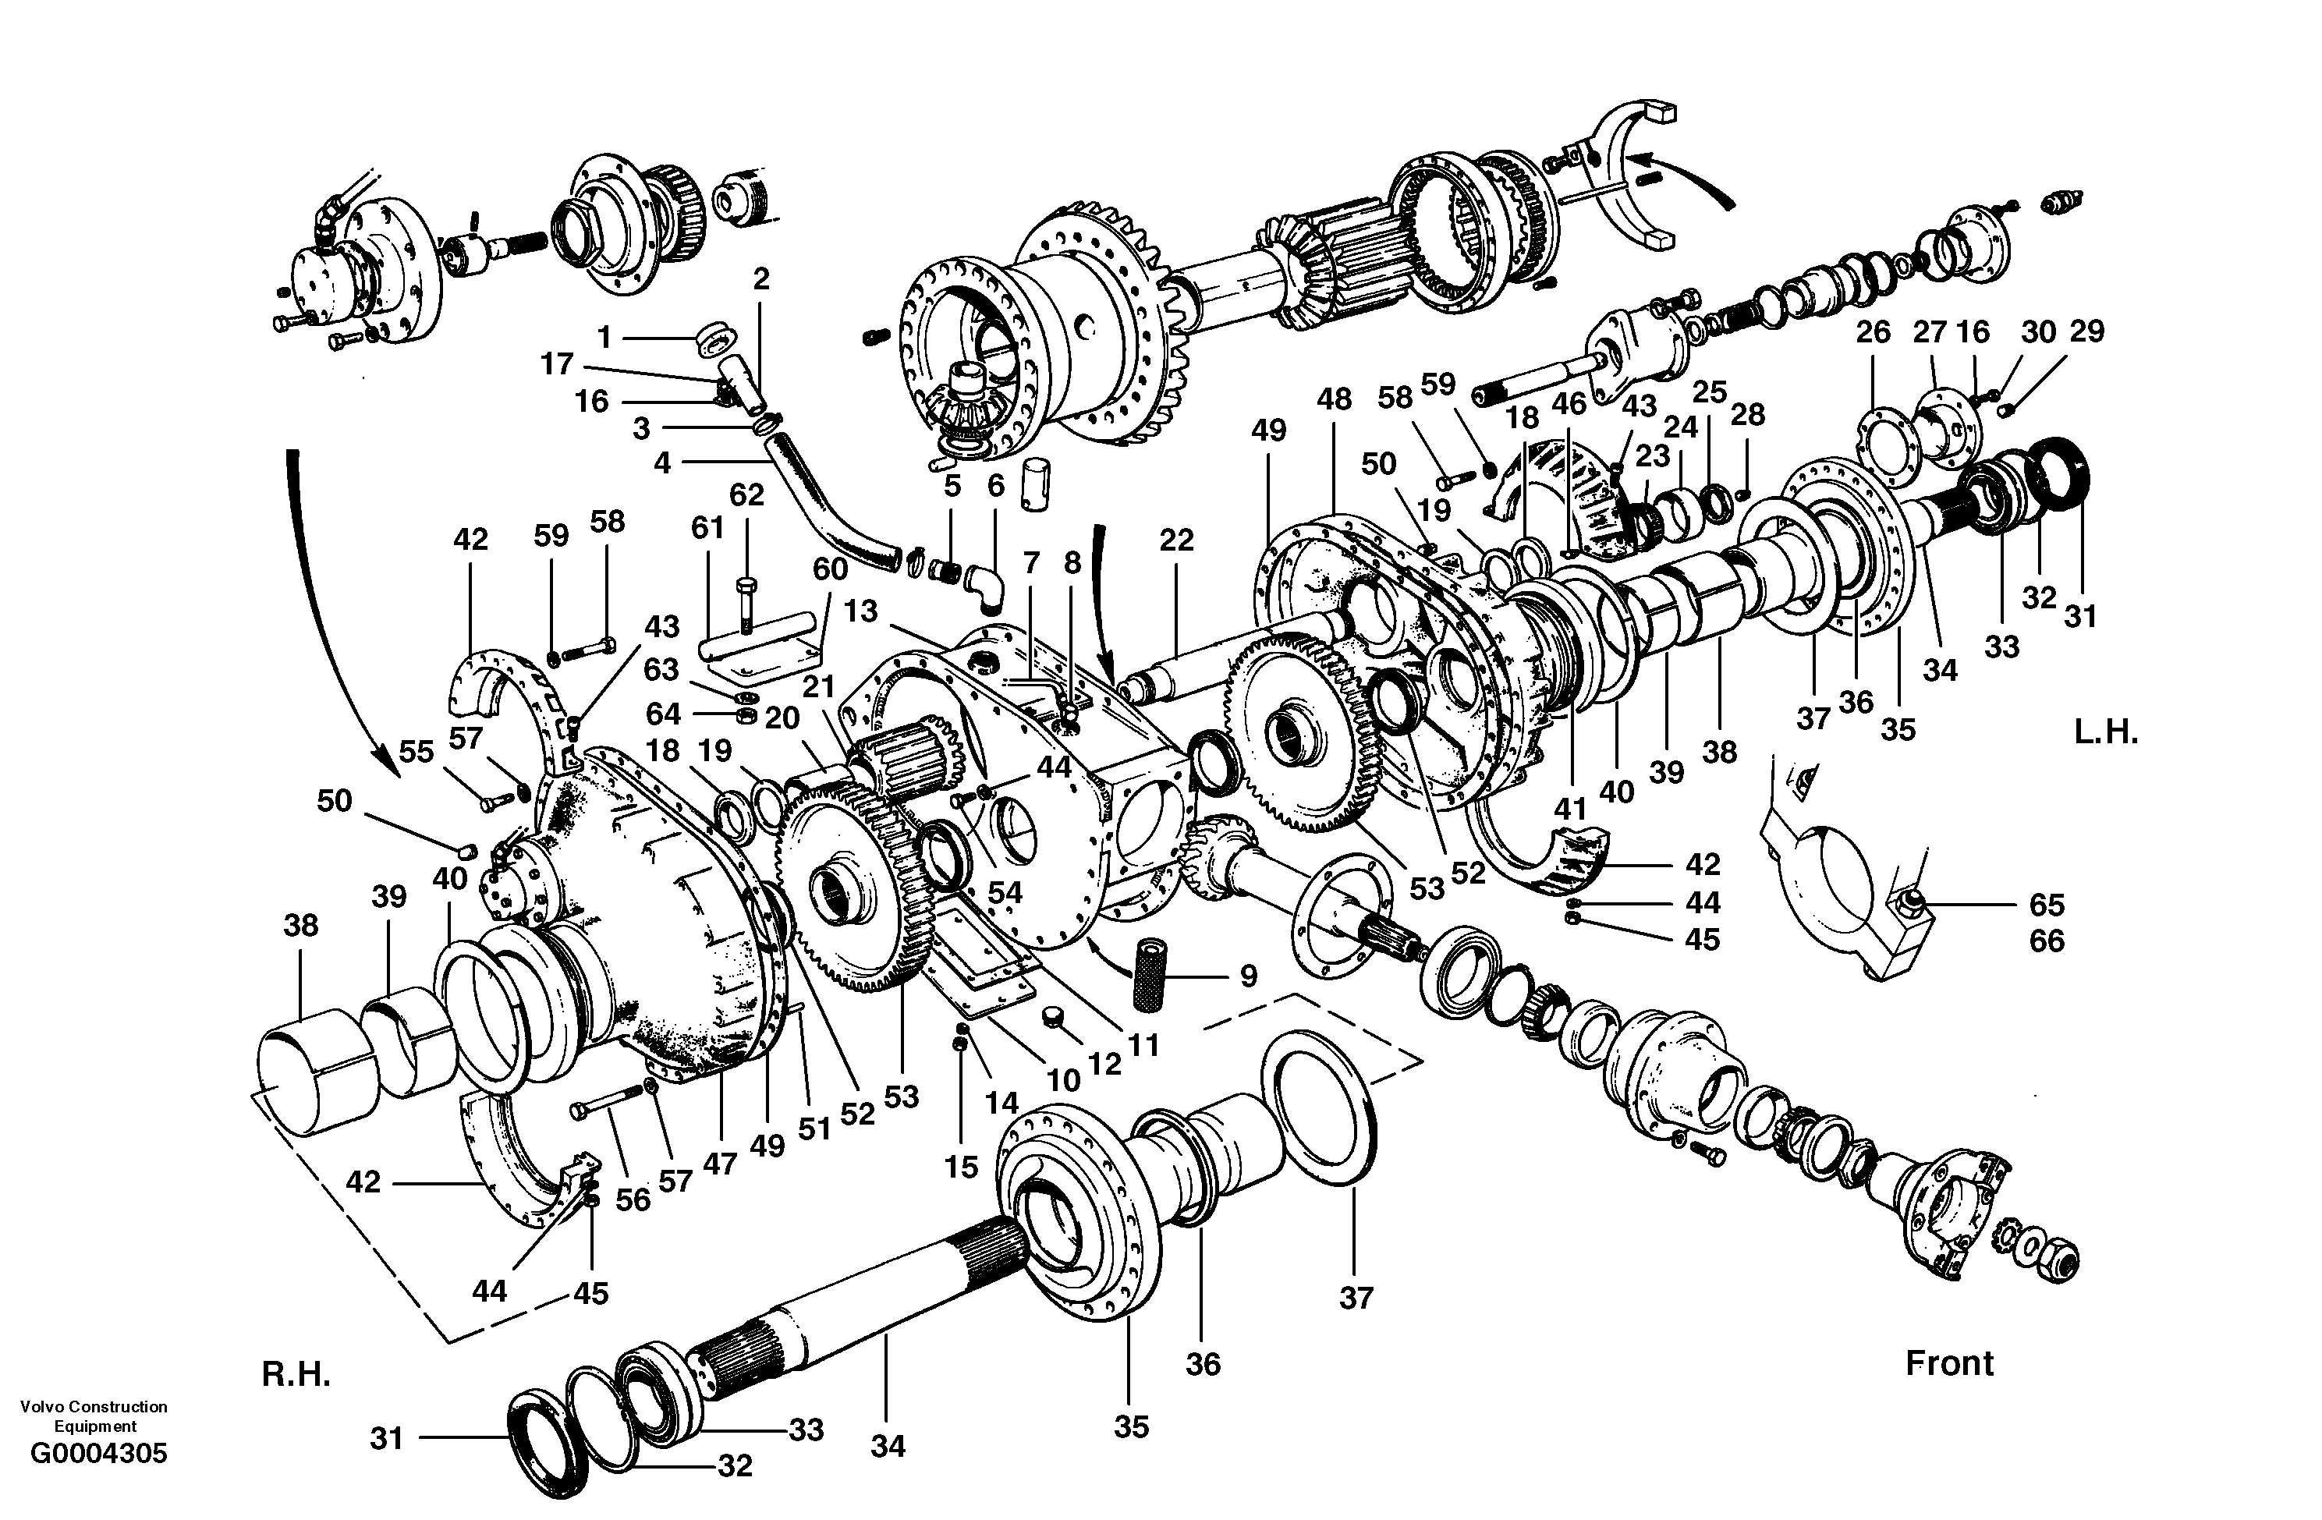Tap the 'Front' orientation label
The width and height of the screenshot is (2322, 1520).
tap(1949, 1363)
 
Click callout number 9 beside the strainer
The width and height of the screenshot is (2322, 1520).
tap(1249, 976)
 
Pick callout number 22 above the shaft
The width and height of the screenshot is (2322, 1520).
tap(1177, 540)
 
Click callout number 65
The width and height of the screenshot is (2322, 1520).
tap(2047, 905)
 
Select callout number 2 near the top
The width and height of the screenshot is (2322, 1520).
tap(761, 279)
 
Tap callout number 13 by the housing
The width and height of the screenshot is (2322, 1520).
tap(860, 611)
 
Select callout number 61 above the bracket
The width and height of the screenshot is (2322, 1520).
tap(707, 528)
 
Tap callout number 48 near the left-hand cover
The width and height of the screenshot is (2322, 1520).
tap(1334, 399)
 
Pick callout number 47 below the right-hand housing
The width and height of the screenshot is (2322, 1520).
tap(719, 1163)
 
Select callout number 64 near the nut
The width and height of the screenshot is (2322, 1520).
tap(662, 714)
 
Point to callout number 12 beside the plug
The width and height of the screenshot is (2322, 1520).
tap(1104, 1065)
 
